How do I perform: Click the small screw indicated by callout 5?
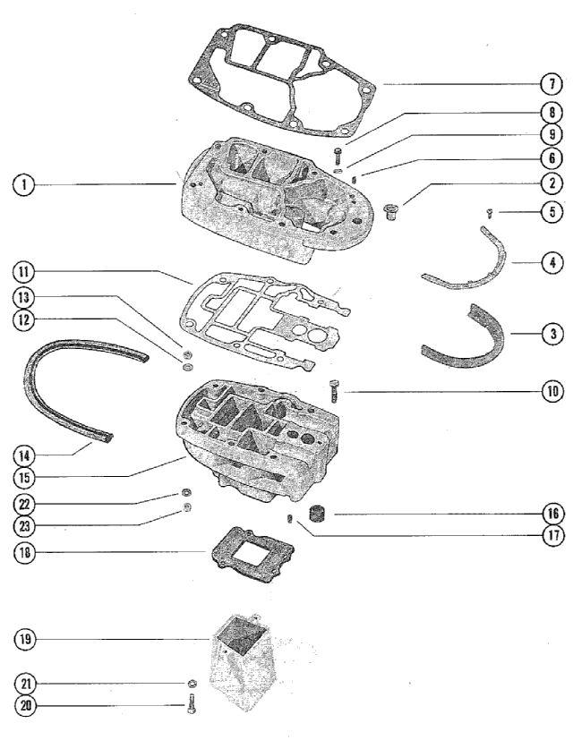click(x=484, y=213)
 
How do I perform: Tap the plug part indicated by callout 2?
click(x=390, y=211)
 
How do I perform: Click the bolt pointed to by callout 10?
click(x=335, y=392)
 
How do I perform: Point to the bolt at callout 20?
click(x=190, y=707)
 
